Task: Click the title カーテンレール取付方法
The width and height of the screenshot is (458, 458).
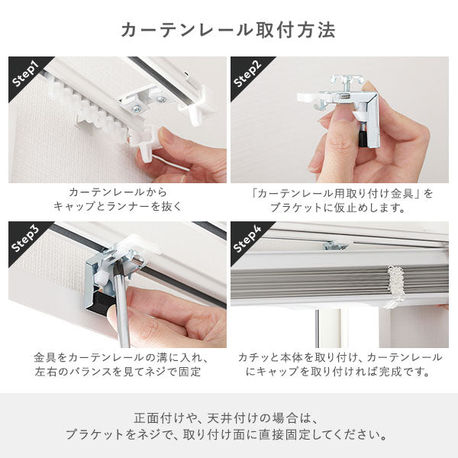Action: point(228,31)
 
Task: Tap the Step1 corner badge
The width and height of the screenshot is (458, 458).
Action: point(26,75)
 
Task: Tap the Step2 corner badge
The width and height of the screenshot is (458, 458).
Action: point(247,75)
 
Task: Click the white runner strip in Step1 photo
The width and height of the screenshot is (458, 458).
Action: point(88,111)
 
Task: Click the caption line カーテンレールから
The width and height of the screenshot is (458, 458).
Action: point(117,193)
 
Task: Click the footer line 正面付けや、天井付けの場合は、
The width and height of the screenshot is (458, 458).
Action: point(228,418)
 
